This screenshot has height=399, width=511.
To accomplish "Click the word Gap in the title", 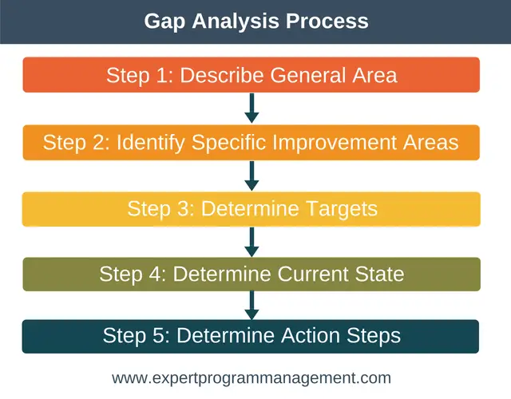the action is (164, 22).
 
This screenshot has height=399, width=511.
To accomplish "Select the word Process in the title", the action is (327, 21).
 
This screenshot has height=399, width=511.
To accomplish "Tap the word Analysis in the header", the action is (236, 22).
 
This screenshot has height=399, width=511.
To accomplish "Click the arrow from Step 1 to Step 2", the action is (252, 109).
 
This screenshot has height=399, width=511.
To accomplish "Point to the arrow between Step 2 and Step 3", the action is (252, 176).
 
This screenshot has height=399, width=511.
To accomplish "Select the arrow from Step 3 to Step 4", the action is (252, 242).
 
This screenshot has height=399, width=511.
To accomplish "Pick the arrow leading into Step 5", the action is (252, 305).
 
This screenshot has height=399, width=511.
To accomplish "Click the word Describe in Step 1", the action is (222, 75).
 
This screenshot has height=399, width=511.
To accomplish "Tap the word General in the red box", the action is (308, 75).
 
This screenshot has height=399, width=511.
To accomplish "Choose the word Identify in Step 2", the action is (151, 143).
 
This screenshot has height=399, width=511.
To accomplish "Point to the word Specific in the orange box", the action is (228, 143).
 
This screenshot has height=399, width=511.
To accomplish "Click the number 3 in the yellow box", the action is (183, 208).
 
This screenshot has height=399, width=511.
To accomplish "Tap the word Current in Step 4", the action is (313, 274).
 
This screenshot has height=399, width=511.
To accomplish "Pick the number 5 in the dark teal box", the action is (158, 336).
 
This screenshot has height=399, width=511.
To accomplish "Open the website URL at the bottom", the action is (252, 378).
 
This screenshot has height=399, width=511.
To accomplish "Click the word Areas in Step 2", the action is (431, 142).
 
